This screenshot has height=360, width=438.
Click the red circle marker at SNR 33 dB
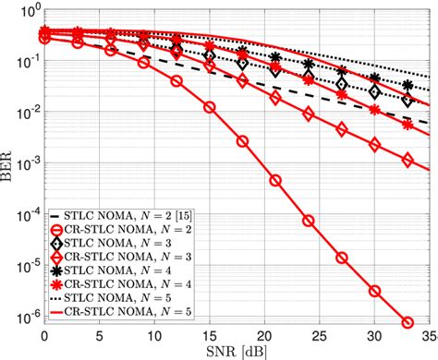point(408,322)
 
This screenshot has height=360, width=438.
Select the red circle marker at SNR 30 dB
point(374,291)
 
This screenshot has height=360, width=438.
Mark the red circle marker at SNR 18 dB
point(242,141)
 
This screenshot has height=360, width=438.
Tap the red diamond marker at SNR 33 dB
point(408,160)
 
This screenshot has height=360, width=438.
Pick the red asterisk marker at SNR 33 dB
point(408,126)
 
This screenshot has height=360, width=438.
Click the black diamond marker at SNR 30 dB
point(374,91)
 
